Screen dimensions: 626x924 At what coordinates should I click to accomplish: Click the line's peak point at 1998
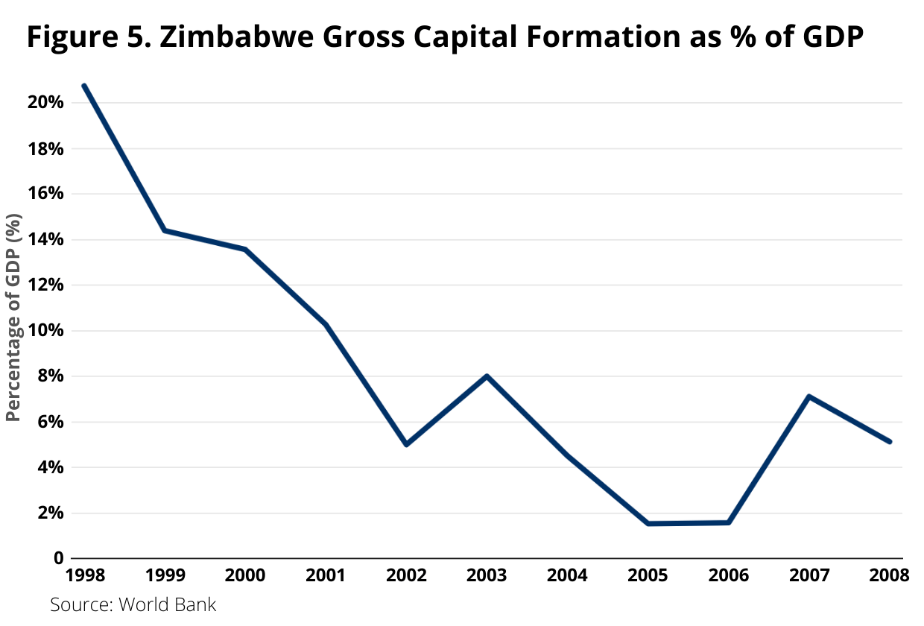tap(84, 86)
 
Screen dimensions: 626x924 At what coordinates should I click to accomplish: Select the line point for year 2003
tap(487, 376)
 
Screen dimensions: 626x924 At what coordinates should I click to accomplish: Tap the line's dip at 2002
tap(406, 444)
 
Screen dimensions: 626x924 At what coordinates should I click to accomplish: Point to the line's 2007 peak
tap(808, 396)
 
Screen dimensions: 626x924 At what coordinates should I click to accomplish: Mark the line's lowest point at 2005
tap(648, 523)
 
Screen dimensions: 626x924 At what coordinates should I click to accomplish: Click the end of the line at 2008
tap(889, 442)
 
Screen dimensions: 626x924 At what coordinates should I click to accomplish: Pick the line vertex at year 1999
tap(165, 230)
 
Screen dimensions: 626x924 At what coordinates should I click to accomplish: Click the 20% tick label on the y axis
tap(45, 103)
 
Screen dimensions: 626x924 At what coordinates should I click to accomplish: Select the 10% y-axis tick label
tap(45, 331)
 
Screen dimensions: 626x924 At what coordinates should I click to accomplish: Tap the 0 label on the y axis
tap(57, 559)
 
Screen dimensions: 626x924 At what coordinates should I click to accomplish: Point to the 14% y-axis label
tap(45, 240)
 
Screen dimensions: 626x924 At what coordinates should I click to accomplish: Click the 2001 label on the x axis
tap(326, 575)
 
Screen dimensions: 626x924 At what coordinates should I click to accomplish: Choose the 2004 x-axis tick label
tap(567, 575)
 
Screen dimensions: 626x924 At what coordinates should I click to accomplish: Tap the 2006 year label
tap(728, 575)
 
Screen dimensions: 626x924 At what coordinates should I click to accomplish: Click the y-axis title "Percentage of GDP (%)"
tap(13, 318)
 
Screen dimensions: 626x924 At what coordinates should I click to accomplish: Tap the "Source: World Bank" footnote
tap(133, 604)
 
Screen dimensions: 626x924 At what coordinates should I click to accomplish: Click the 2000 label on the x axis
tap(245, 575)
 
